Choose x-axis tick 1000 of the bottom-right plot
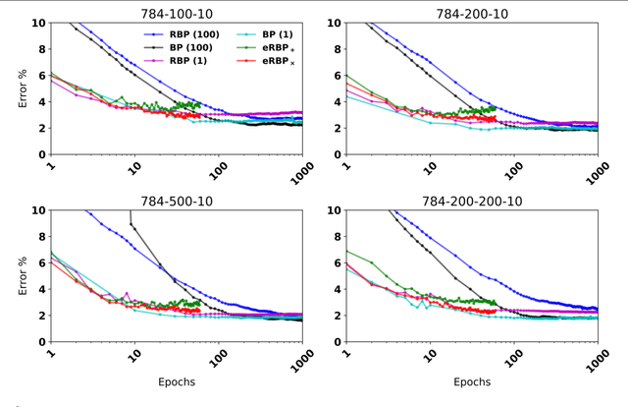point(592,362)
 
